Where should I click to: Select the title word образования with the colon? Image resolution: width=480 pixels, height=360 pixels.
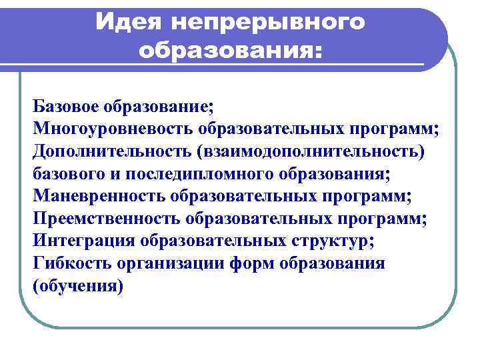[x=230, y=50]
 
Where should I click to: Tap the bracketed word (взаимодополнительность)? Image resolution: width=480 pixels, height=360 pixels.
[x=309, y=151]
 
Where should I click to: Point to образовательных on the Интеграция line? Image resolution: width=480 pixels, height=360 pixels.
[x=213, y=241]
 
